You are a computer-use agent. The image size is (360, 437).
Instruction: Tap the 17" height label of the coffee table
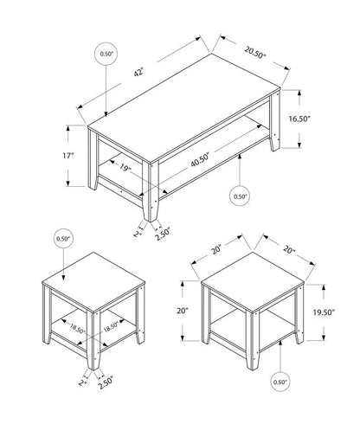(x=68, y=156)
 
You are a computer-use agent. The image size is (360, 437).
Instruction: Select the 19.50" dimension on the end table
(x=323, y=314)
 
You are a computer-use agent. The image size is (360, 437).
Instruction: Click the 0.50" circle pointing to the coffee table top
(x=107, y=55)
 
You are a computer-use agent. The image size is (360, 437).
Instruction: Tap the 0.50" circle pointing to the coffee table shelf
(x=241, y=196)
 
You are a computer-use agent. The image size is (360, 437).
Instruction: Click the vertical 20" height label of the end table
(x=181, y=312)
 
